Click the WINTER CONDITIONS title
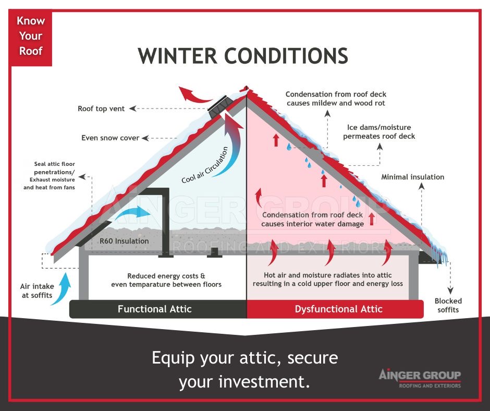[242, 56]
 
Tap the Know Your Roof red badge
[31, 36]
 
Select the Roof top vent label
[101, 108]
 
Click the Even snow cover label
[110, 138]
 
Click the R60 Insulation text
[124, 241]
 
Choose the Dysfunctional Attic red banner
[338, 309]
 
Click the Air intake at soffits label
[36, 291]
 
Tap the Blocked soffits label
[448, 305]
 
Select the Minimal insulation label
[412, 177]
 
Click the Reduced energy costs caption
[166, 280]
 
